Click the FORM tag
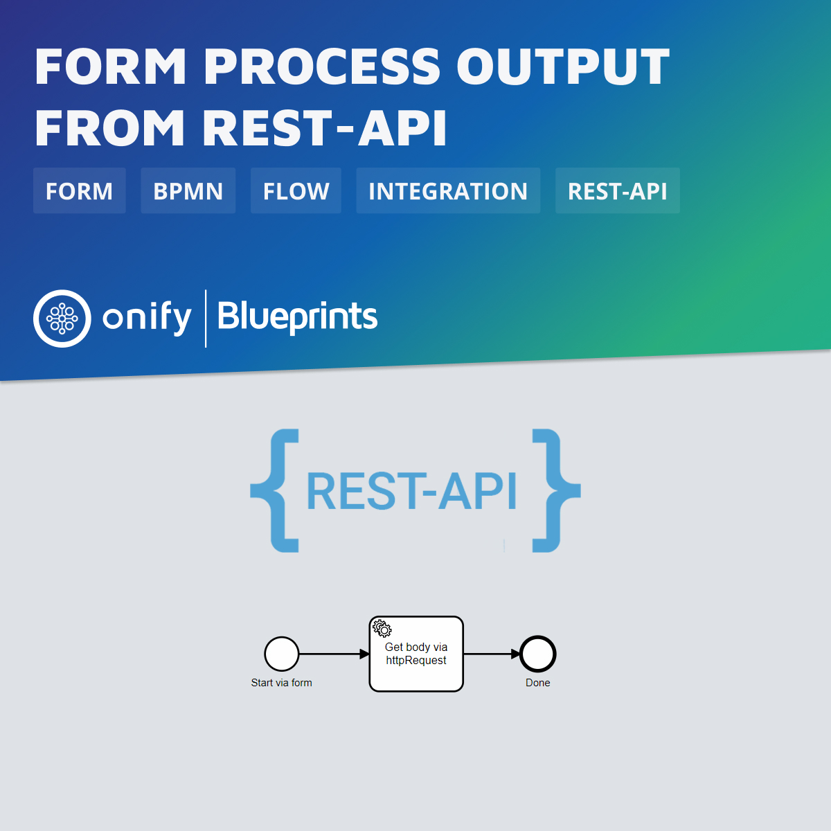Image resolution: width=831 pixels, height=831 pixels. pos(79,191)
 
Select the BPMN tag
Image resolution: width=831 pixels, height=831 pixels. pos(188,191)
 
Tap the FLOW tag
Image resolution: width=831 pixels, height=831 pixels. pos(296,191)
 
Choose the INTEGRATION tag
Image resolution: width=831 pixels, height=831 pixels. pos(447,191)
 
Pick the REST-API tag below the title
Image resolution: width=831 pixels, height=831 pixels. pos(617,191)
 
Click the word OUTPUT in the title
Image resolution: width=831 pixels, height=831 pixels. pos(562,67)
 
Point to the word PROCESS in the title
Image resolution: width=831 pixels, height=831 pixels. pos(322,67)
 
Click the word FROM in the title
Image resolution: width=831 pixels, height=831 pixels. pos(109,129)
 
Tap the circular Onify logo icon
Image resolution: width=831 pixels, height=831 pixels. pos(62,319)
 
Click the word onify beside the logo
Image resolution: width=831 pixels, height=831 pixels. pos(147,319)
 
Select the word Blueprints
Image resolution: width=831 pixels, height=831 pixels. pos(297,317)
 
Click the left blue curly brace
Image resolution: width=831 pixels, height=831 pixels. pos(276,490)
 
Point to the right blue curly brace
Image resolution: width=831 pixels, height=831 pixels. pos(555,490)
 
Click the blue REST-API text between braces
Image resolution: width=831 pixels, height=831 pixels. pos(411,492)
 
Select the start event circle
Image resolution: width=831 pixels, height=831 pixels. pos(282,654)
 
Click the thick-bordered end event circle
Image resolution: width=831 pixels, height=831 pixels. pos(538,654)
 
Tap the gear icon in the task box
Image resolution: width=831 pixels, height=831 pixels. pos(382,628)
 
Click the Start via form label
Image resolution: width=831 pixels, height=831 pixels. pos(281,683)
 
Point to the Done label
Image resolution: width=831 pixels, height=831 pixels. pos(537,683)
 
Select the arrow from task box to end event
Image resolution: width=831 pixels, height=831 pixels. pos(491,654)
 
